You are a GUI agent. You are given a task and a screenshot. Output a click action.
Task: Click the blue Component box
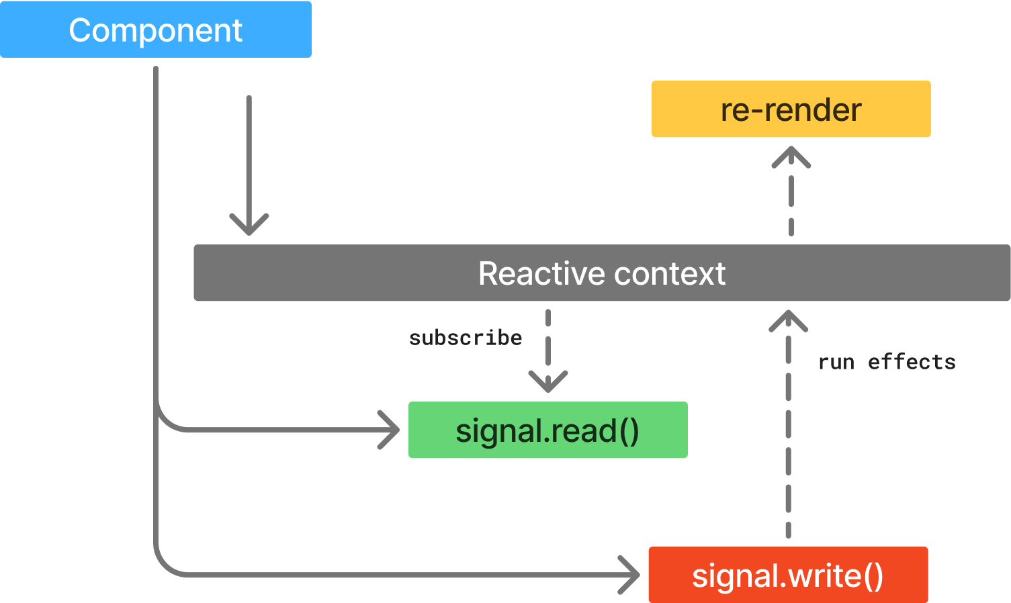pos(155,30)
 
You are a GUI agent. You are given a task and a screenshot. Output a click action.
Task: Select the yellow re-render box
pos(791,109)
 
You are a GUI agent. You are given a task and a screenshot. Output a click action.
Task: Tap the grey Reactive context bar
pos(601,273)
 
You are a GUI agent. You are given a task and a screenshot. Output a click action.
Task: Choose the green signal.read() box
pos(547,430)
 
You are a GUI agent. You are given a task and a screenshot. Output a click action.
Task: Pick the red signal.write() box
pos(787,575)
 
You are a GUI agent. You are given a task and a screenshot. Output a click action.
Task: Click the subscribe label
pos(465,338)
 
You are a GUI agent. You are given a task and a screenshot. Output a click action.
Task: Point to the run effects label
pos(886,363)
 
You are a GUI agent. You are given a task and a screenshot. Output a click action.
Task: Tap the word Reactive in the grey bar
pos(540,273)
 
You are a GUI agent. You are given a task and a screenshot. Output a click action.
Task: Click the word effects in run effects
pos(912,363)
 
